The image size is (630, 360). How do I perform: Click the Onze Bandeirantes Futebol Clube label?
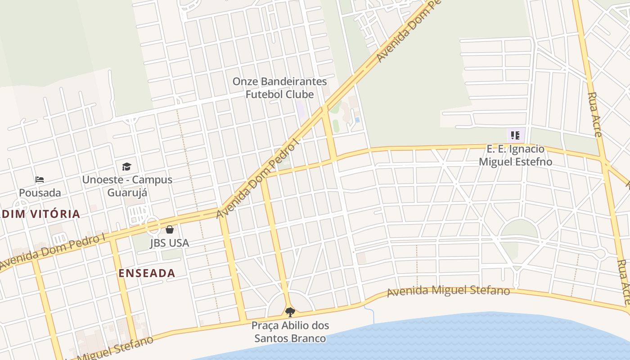click(x=279, y=88)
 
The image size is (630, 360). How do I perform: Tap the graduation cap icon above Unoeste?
click(x=126, y=166)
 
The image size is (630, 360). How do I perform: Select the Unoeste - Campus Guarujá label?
click(x=127, y=186)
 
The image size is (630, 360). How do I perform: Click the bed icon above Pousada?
click(x=40, y=180)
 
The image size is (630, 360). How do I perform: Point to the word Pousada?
click(x=40, y=193)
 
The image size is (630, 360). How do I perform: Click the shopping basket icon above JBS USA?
click(x=170, y=230)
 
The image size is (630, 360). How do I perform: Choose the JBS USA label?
click(x=169, y=243)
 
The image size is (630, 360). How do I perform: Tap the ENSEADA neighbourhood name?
click(x=147, y=273)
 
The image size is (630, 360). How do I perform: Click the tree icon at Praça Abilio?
click(x=290, y=312)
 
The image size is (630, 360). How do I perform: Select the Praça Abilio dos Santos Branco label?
click(x=290, y=332)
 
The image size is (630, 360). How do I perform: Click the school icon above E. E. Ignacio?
click(x=516, y=135)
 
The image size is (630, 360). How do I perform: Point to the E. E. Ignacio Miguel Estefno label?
click(x=515, y=155)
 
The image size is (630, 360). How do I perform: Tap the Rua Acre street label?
click(x=596, y=112)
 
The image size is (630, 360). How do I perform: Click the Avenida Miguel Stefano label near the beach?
click(x=448, y=291)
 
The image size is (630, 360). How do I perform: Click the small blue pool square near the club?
click(x=357, y=120)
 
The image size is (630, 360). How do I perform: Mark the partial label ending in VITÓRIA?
click(x=40, y=214)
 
